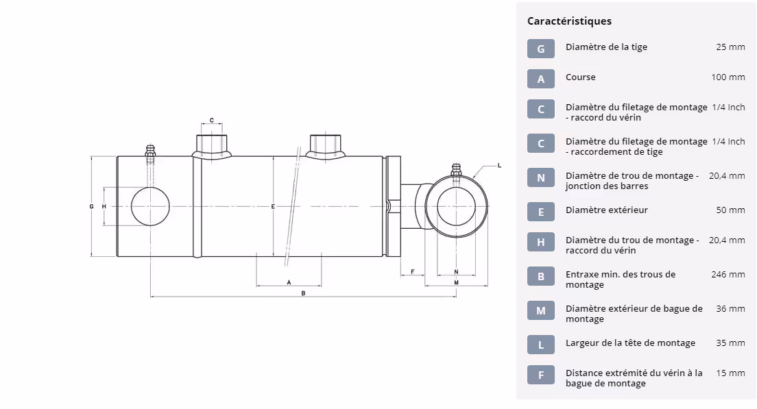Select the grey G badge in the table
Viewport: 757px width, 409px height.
[541, 49]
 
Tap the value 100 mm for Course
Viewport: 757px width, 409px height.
[728, 77]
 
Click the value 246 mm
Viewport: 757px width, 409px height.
[728, 275]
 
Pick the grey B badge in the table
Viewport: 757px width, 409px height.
[541, 276]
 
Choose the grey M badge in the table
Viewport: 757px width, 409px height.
[541, 310]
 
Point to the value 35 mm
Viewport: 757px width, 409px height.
[730, 343]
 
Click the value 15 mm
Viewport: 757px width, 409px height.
[730, 373]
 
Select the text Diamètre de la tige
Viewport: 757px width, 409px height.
[606, 47]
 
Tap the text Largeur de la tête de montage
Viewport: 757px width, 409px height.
[630, 343]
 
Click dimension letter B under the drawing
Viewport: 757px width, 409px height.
[303, 293]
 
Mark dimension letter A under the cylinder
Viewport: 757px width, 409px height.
[289, 282]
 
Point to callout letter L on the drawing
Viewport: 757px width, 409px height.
[499, 165]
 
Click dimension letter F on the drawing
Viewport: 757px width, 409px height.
[412, 272]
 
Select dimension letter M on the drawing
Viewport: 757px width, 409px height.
[456, 282]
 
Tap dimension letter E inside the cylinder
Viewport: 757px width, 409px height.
[273, 206]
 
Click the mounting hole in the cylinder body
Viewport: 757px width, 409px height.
[150, 206]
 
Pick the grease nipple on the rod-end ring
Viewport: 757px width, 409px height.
[455, 170]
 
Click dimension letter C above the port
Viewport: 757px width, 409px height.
[212, 121]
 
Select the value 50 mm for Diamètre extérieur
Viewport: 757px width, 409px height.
[730, 210]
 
